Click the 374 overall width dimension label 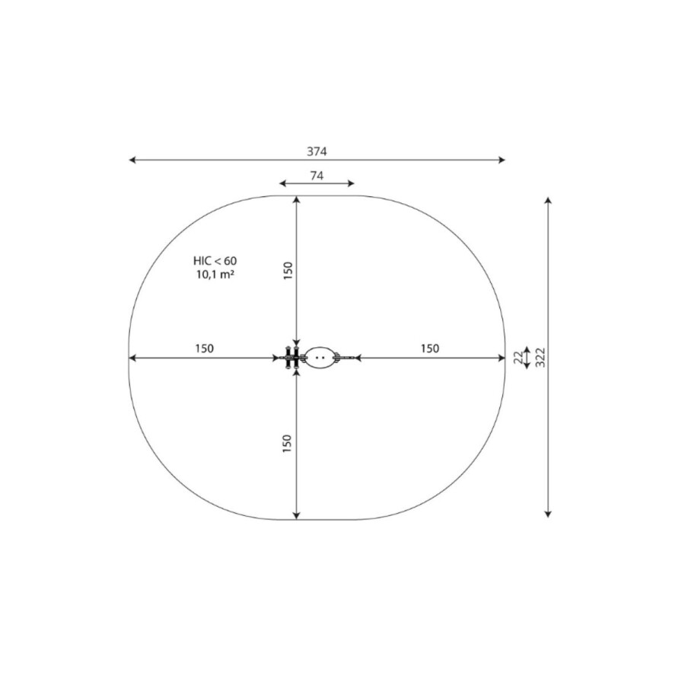coord(317,151)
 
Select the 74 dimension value coord(317,176)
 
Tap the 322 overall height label coord(540,358)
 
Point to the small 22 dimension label coord(518,358)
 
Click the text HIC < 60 coord(215,261)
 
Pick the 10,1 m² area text coord(215,275)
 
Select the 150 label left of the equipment coord(205,348)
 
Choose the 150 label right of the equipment coord(430,348)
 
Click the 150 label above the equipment coord(288,271)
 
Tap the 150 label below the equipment coord(287,444)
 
